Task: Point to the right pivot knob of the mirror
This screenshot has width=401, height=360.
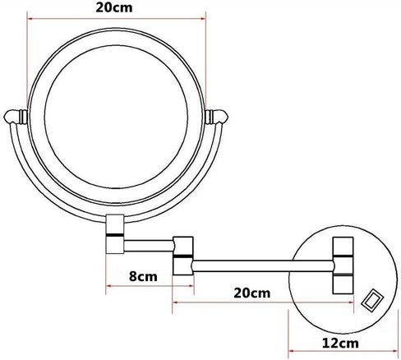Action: click(219, 116)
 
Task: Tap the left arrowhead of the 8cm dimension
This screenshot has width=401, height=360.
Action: click(110, 287)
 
